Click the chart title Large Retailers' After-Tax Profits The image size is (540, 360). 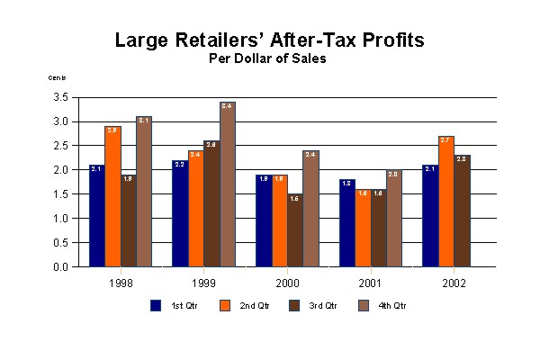tap(270, 40)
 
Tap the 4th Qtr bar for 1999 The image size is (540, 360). tap(228, 184)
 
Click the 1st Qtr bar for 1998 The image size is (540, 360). tap(96, 216)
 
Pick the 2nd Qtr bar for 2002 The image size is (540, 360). tap(445, 202)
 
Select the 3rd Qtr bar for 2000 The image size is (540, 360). tap(295, 230)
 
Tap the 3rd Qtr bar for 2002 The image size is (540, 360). tap(462, 211)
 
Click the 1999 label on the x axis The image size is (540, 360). tap(203, 281)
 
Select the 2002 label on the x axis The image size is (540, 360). tap(454, 281)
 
